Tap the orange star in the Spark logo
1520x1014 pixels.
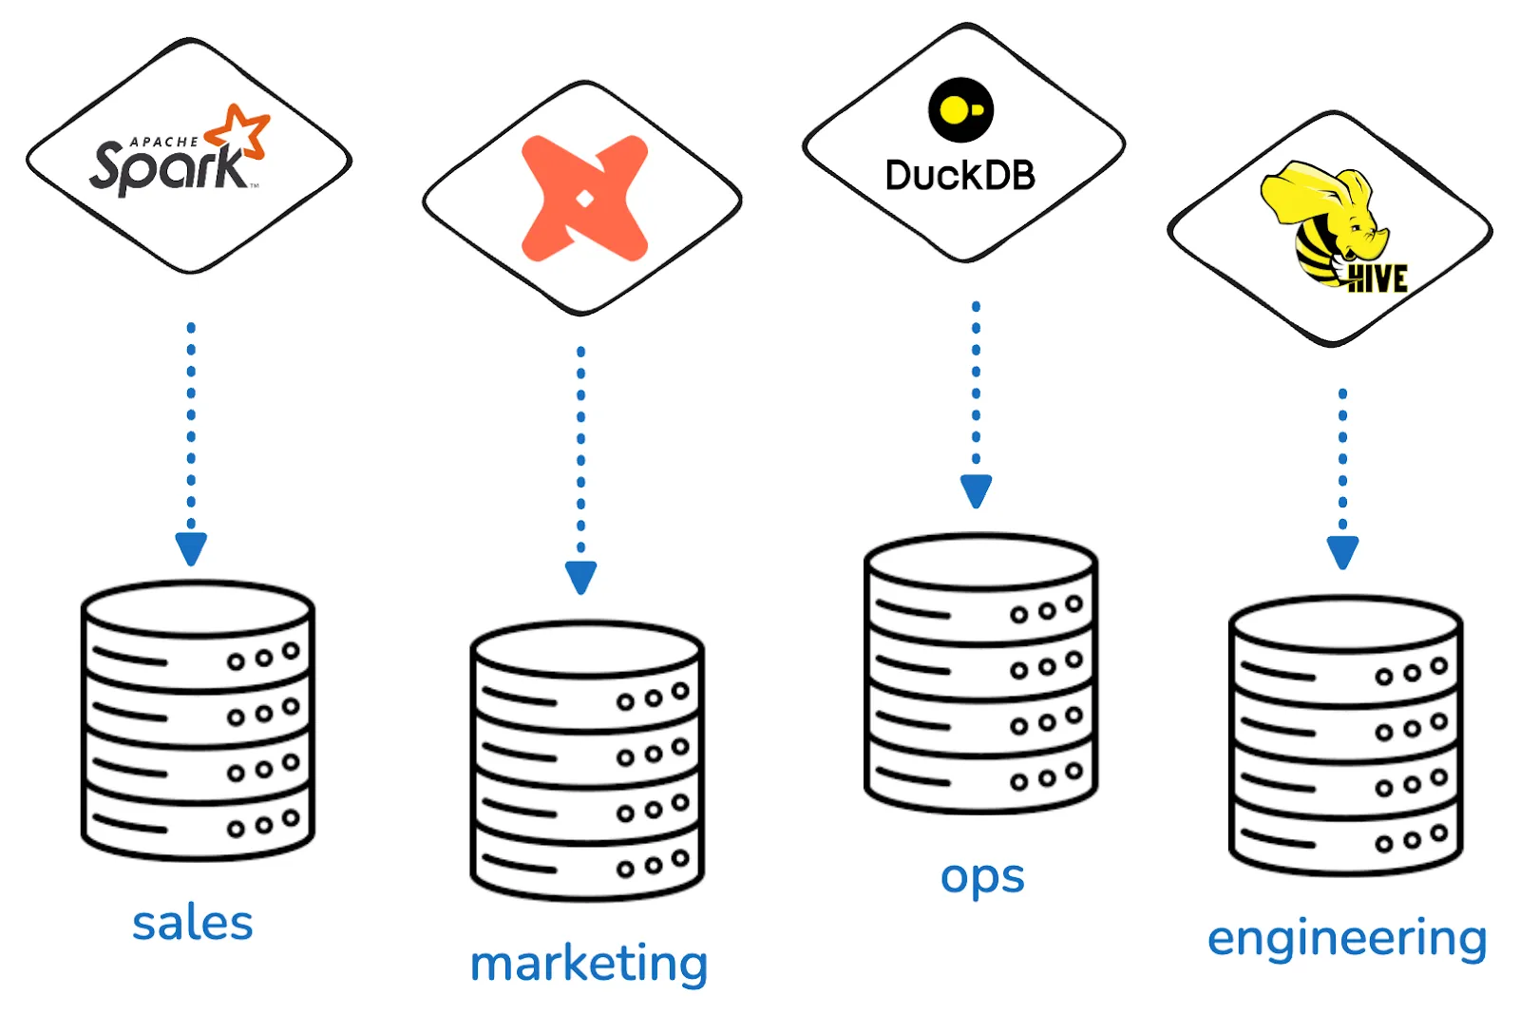(239, 131)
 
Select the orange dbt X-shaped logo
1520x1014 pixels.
(584, 198)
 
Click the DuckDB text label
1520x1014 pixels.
(959, 176)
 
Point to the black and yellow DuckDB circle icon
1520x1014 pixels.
(960, 110)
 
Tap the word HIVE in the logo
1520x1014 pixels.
(1377, 278)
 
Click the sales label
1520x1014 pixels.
(193, 923)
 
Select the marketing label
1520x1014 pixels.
(589, 964)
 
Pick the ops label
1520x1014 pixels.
(982, 876)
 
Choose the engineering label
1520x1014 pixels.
(1347, 939)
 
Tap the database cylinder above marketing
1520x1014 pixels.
(587, 760)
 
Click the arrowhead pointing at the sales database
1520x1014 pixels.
(191, 547)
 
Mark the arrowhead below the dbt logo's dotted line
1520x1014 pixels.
(580, 576)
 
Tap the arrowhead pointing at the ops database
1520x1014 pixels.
(976, 489)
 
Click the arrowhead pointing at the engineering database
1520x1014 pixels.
(1342, 551)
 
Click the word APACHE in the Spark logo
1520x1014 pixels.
(164, 142)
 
